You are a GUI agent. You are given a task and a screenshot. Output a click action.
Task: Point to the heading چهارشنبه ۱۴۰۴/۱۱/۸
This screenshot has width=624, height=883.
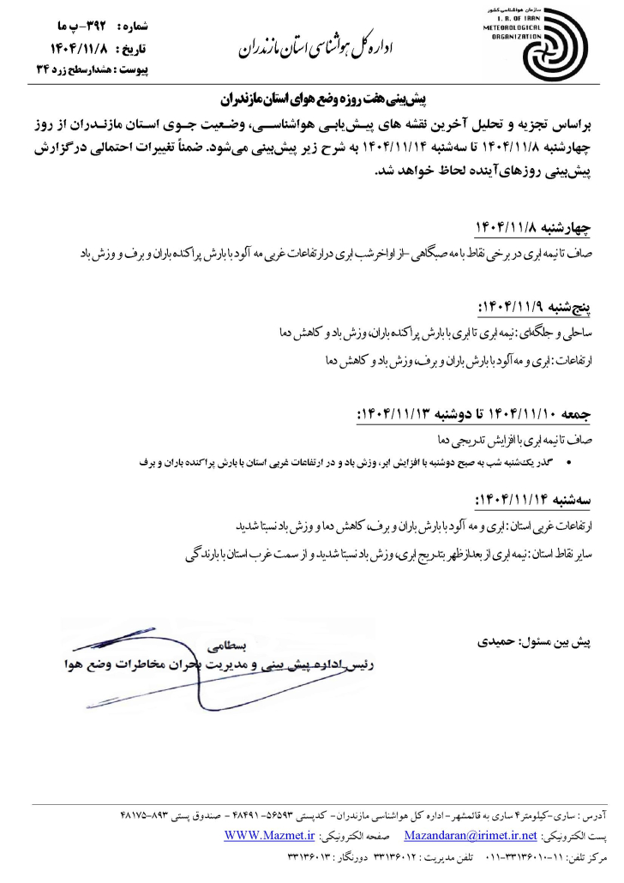click(533, 226)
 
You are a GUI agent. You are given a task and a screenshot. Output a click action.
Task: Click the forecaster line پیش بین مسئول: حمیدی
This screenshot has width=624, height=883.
click(538, 641)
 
